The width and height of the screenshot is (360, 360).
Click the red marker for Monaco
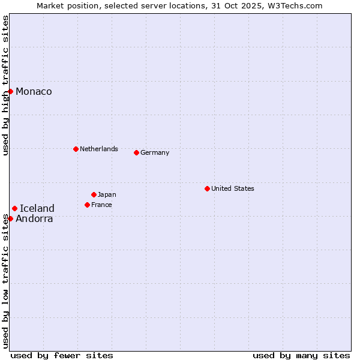[11, 91]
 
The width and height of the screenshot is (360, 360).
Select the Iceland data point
[15, 208]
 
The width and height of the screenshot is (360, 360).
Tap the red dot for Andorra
[11, 218]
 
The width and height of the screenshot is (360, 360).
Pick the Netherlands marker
[76, 149]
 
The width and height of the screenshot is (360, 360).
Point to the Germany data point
[136, 152]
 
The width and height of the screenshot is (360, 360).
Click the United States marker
[207, 188]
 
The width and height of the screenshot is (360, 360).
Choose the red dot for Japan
[94, 194]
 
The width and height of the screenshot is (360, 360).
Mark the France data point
[87, 205]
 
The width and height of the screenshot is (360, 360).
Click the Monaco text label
[34, 91]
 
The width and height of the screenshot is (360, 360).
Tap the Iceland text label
[37, 208]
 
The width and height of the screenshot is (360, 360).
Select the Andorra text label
[34, 218]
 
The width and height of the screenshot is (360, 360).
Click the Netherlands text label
[99, 149]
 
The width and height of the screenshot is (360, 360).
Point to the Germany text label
[155, 152]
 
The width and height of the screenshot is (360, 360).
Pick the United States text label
[233, 188]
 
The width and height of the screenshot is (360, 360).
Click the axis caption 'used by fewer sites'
[62, 355]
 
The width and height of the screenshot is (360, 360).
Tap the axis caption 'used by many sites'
[301, 355]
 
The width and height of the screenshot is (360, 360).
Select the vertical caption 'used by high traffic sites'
[5, 85]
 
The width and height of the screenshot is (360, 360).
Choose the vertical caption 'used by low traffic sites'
[5, 281]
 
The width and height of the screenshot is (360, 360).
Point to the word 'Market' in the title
[50, 5]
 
